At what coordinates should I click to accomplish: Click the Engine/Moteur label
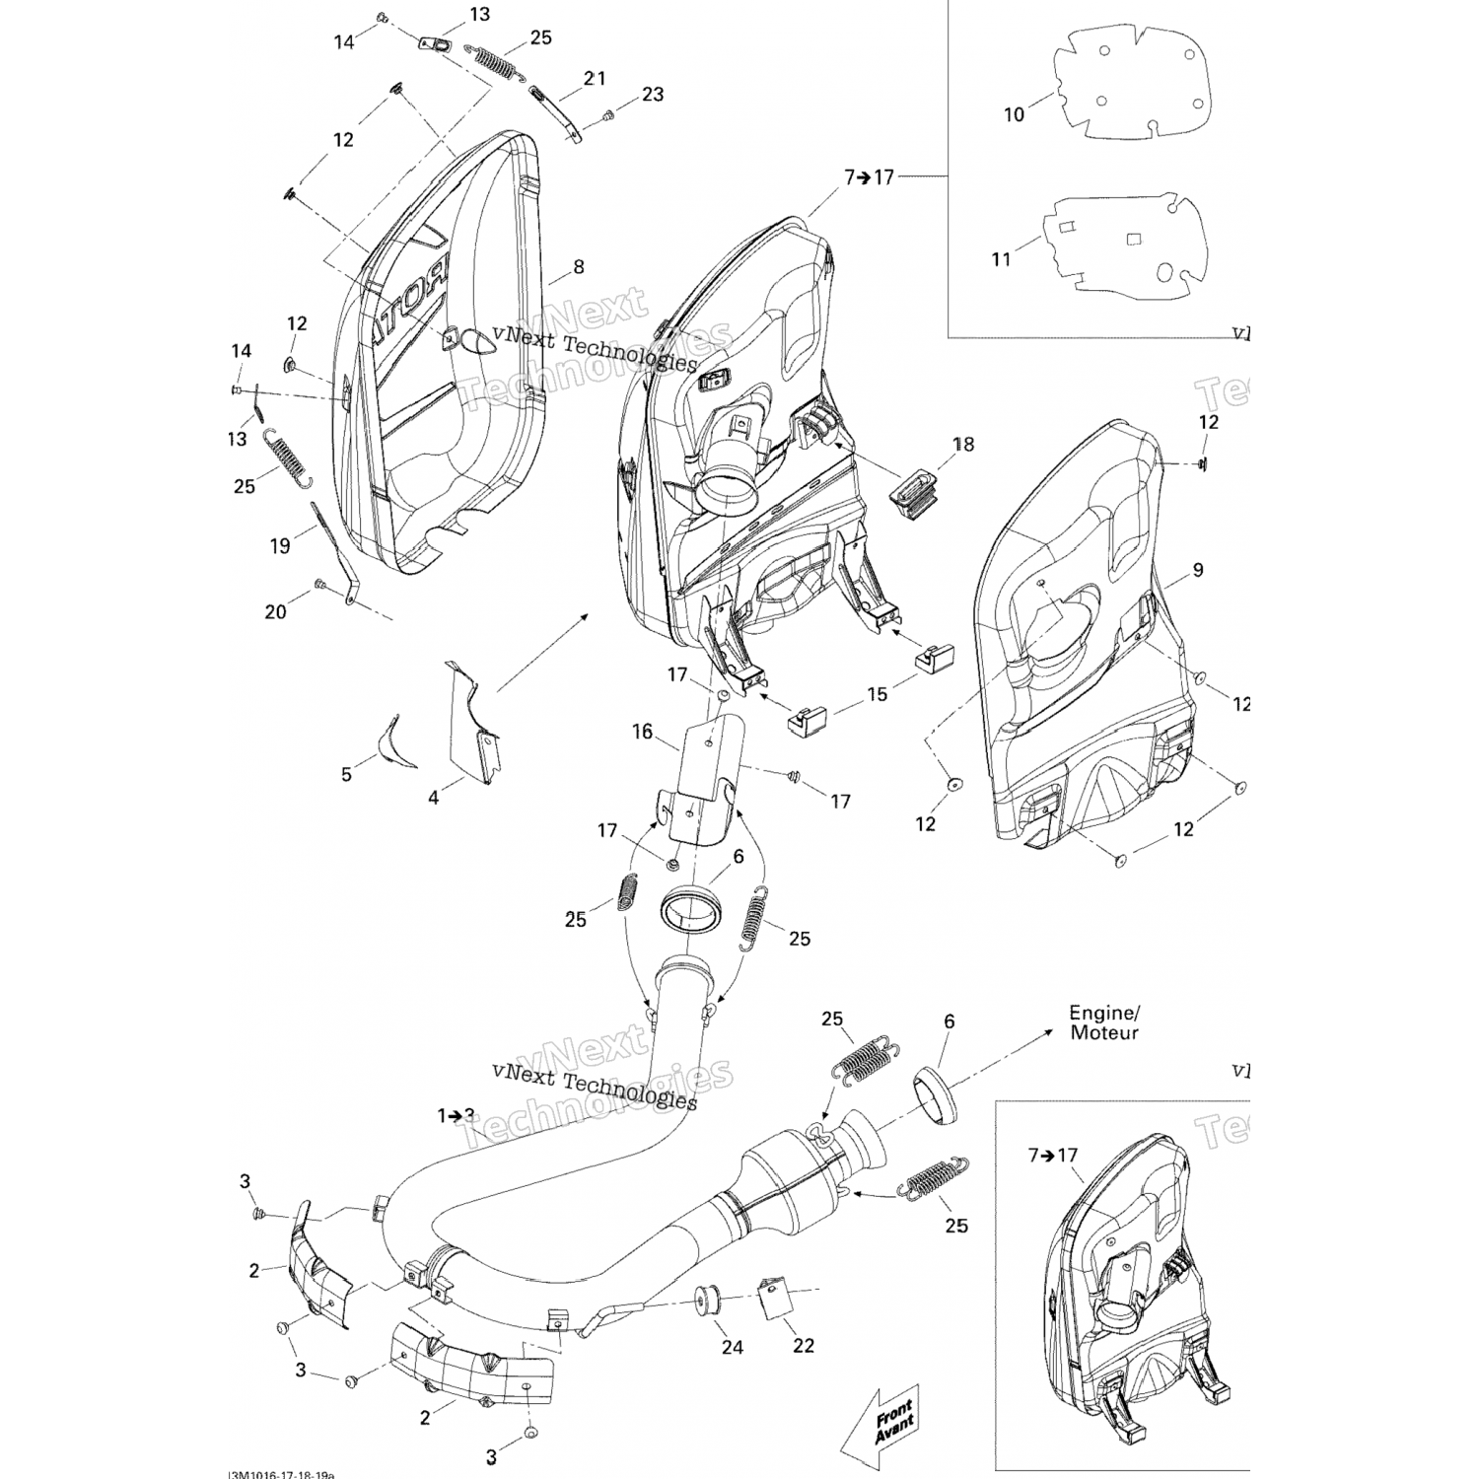1103,1022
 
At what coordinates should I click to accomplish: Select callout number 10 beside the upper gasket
1015,114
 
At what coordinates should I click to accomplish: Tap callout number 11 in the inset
1001,259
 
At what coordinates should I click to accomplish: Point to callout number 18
963,444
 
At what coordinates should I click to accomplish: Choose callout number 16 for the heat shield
643,732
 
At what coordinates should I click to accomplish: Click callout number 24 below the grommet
732,1347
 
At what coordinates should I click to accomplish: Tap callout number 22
804,1345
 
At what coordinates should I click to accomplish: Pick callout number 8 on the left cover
578,266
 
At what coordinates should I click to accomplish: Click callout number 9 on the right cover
1197,570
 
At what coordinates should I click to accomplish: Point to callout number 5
346,774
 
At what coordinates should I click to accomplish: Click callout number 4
433,798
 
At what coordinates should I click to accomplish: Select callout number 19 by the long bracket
280,544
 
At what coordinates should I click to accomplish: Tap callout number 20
275,612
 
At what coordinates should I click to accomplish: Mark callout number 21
595,78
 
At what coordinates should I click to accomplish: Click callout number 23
653,95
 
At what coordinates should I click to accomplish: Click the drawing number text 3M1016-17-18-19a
282,1474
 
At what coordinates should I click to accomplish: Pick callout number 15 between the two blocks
877,694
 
